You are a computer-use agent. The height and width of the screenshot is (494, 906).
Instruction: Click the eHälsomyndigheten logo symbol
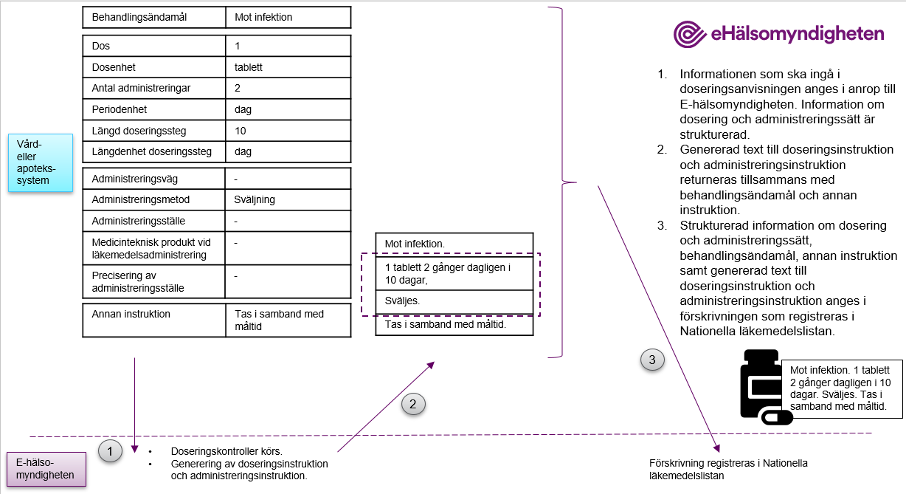[x=691, y=34]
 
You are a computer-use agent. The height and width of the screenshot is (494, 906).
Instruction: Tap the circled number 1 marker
[x=110, y=450]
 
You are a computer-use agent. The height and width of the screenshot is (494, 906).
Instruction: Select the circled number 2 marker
[x=413, y=403]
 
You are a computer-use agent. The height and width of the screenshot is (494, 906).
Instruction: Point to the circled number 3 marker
[x=652, y=360]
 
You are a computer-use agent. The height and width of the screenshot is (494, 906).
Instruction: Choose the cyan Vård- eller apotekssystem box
[x=41, y=163]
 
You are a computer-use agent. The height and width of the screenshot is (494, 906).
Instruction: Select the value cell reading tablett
[x=288, y=67]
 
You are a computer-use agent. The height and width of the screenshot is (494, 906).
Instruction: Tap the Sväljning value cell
[x=288, y=199]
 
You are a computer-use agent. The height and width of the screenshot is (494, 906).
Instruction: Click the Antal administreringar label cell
[x=153, y=89]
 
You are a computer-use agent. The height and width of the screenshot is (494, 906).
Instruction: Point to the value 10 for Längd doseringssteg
[x=288, y=131]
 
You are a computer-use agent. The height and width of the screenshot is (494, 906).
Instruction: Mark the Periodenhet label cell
[x=153, y=109]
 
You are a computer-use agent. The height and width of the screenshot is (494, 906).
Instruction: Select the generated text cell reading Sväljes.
[x=453, y=301]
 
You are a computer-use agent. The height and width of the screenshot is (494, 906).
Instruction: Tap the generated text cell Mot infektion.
[x=453, y=243]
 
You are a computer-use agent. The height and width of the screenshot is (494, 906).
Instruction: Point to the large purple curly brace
[x=567, y=182]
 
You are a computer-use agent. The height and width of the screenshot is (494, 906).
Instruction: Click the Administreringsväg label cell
[x=153, y=179]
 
